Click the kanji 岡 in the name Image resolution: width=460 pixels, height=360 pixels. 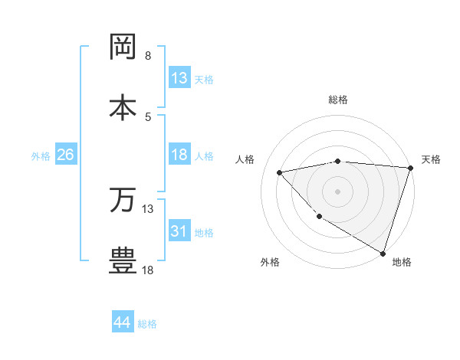click(123, 47)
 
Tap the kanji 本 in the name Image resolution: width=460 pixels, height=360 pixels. click(123, 106)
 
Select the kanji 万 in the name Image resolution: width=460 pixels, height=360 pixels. click(123, 200)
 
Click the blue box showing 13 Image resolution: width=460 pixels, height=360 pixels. click(179, 78)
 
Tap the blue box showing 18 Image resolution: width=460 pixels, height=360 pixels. click(179, 155)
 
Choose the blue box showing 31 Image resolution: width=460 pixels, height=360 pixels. click(179, 231)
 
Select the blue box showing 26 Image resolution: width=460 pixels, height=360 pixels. click(65, 155)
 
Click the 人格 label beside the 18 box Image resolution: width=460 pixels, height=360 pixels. click(204, 156)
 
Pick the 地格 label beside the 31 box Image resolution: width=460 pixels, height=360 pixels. click(204, 233)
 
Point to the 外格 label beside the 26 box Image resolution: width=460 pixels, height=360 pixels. click(41, 156)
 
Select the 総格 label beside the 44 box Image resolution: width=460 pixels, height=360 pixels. click(147, 324)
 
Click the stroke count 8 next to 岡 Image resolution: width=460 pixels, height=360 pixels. click(148, 56)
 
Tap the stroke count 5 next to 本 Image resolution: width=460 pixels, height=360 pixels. click(148, 116)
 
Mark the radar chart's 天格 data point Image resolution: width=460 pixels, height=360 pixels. click(410, 168)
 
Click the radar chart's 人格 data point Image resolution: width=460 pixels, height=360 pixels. click(280, 172)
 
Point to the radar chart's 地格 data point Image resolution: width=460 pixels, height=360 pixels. click(383, 253)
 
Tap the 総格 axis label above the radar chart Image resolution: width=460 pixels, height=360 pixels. click(338, 100)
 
